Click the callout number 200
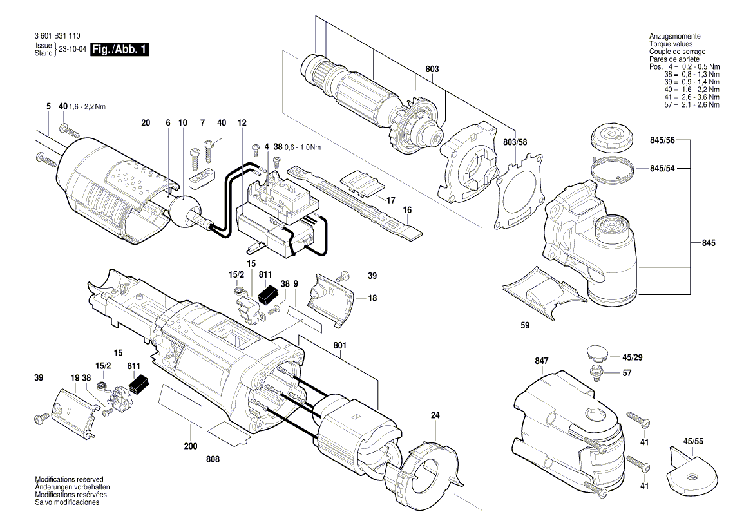click(x=191, y=446)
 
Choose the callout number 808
click(x=213, y=459)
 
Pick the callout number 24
click(x=435, y=416)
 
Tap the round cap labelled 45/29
click(x=596, y=353)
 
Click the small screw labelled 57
click(x=597, y=370)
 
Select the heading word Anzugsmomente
click(x=675, y=37)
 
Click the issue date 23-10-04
click(x=73, y=50)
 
